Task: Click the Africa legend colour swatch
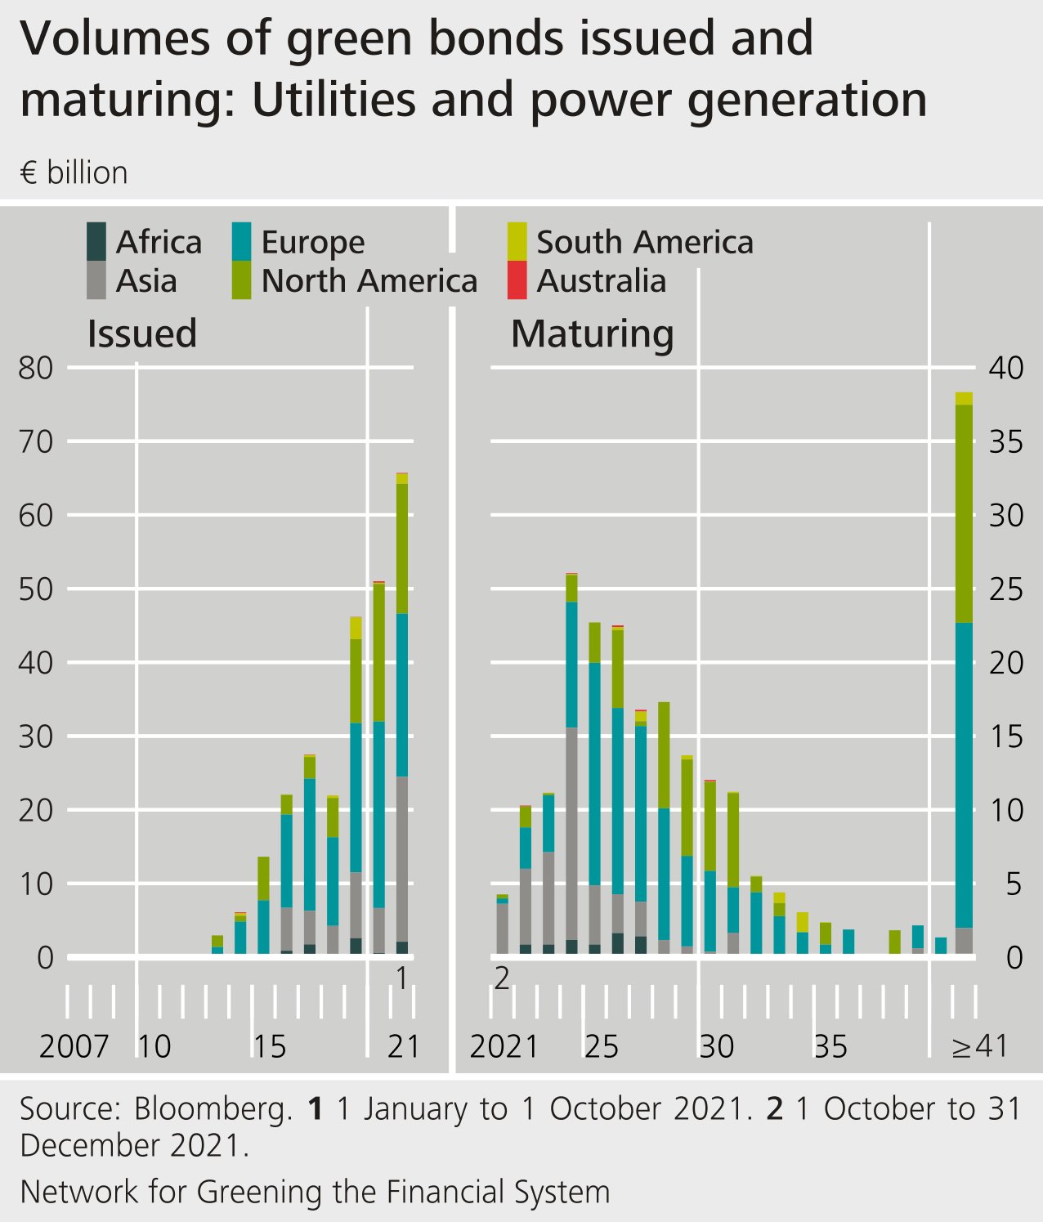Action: coord(96,241)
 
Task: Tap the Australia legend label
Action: coord(602,281)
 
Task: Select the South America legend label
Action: coord(645,242)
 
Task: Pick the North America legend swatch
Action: coord(241,280)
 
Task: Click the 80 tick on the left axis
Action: coord(35,368)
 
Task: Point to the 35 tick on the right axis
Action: coord(1005,442)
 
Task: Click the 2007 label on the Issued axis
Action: coord(74,1046)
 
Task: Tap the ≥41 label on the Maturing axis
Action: coord(979,1046)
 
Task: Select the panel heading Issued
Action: coord(142,333)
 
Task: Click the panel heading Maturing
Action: coord(593,333)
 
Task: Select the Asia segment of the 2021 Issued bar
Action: coord(402,858)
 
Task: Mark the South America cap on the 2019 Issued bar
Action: coord(356,628)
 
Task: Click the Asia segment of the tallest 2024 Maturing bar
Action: coord(571,834)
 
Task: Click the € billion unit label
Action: coord(74,173)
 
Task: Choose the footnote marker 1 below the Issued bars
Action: coord(401,978)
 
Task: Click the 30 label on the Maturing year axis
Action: coord(716,1046)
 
